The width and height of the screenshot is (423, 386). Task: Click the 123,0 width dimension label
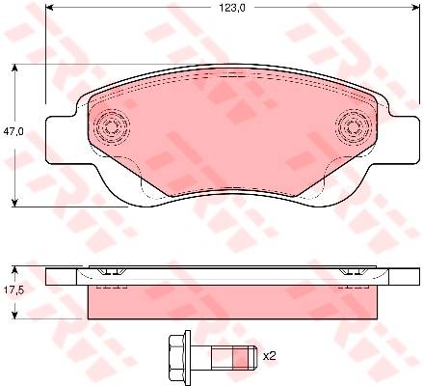point(232,8)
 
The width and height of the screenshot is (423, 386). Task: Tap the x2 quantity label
point(270,356)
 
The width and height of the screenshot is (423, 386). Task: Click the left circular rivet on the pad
point(111,126)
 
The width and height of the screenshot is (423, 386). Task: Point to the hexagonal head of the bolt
point(176,355)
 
